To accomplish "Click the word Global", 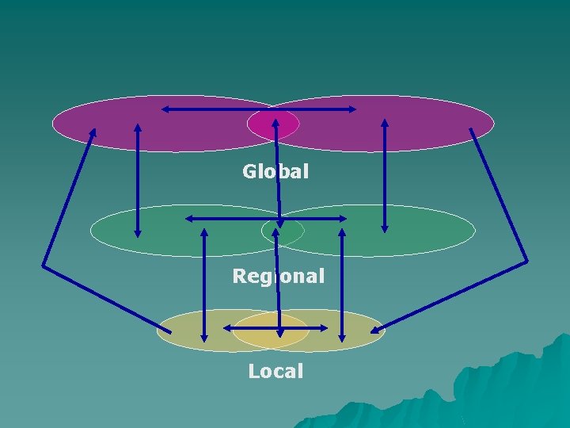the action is tap(275, 170).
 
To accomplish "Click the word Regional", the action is tap(278, 277).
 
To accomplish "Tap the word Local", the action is tap(275, 371).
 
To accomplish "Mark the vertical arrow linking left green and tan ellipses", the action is tap(204, 285).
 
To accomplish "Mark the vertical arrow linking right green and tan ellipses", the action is tap(342, 285).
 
